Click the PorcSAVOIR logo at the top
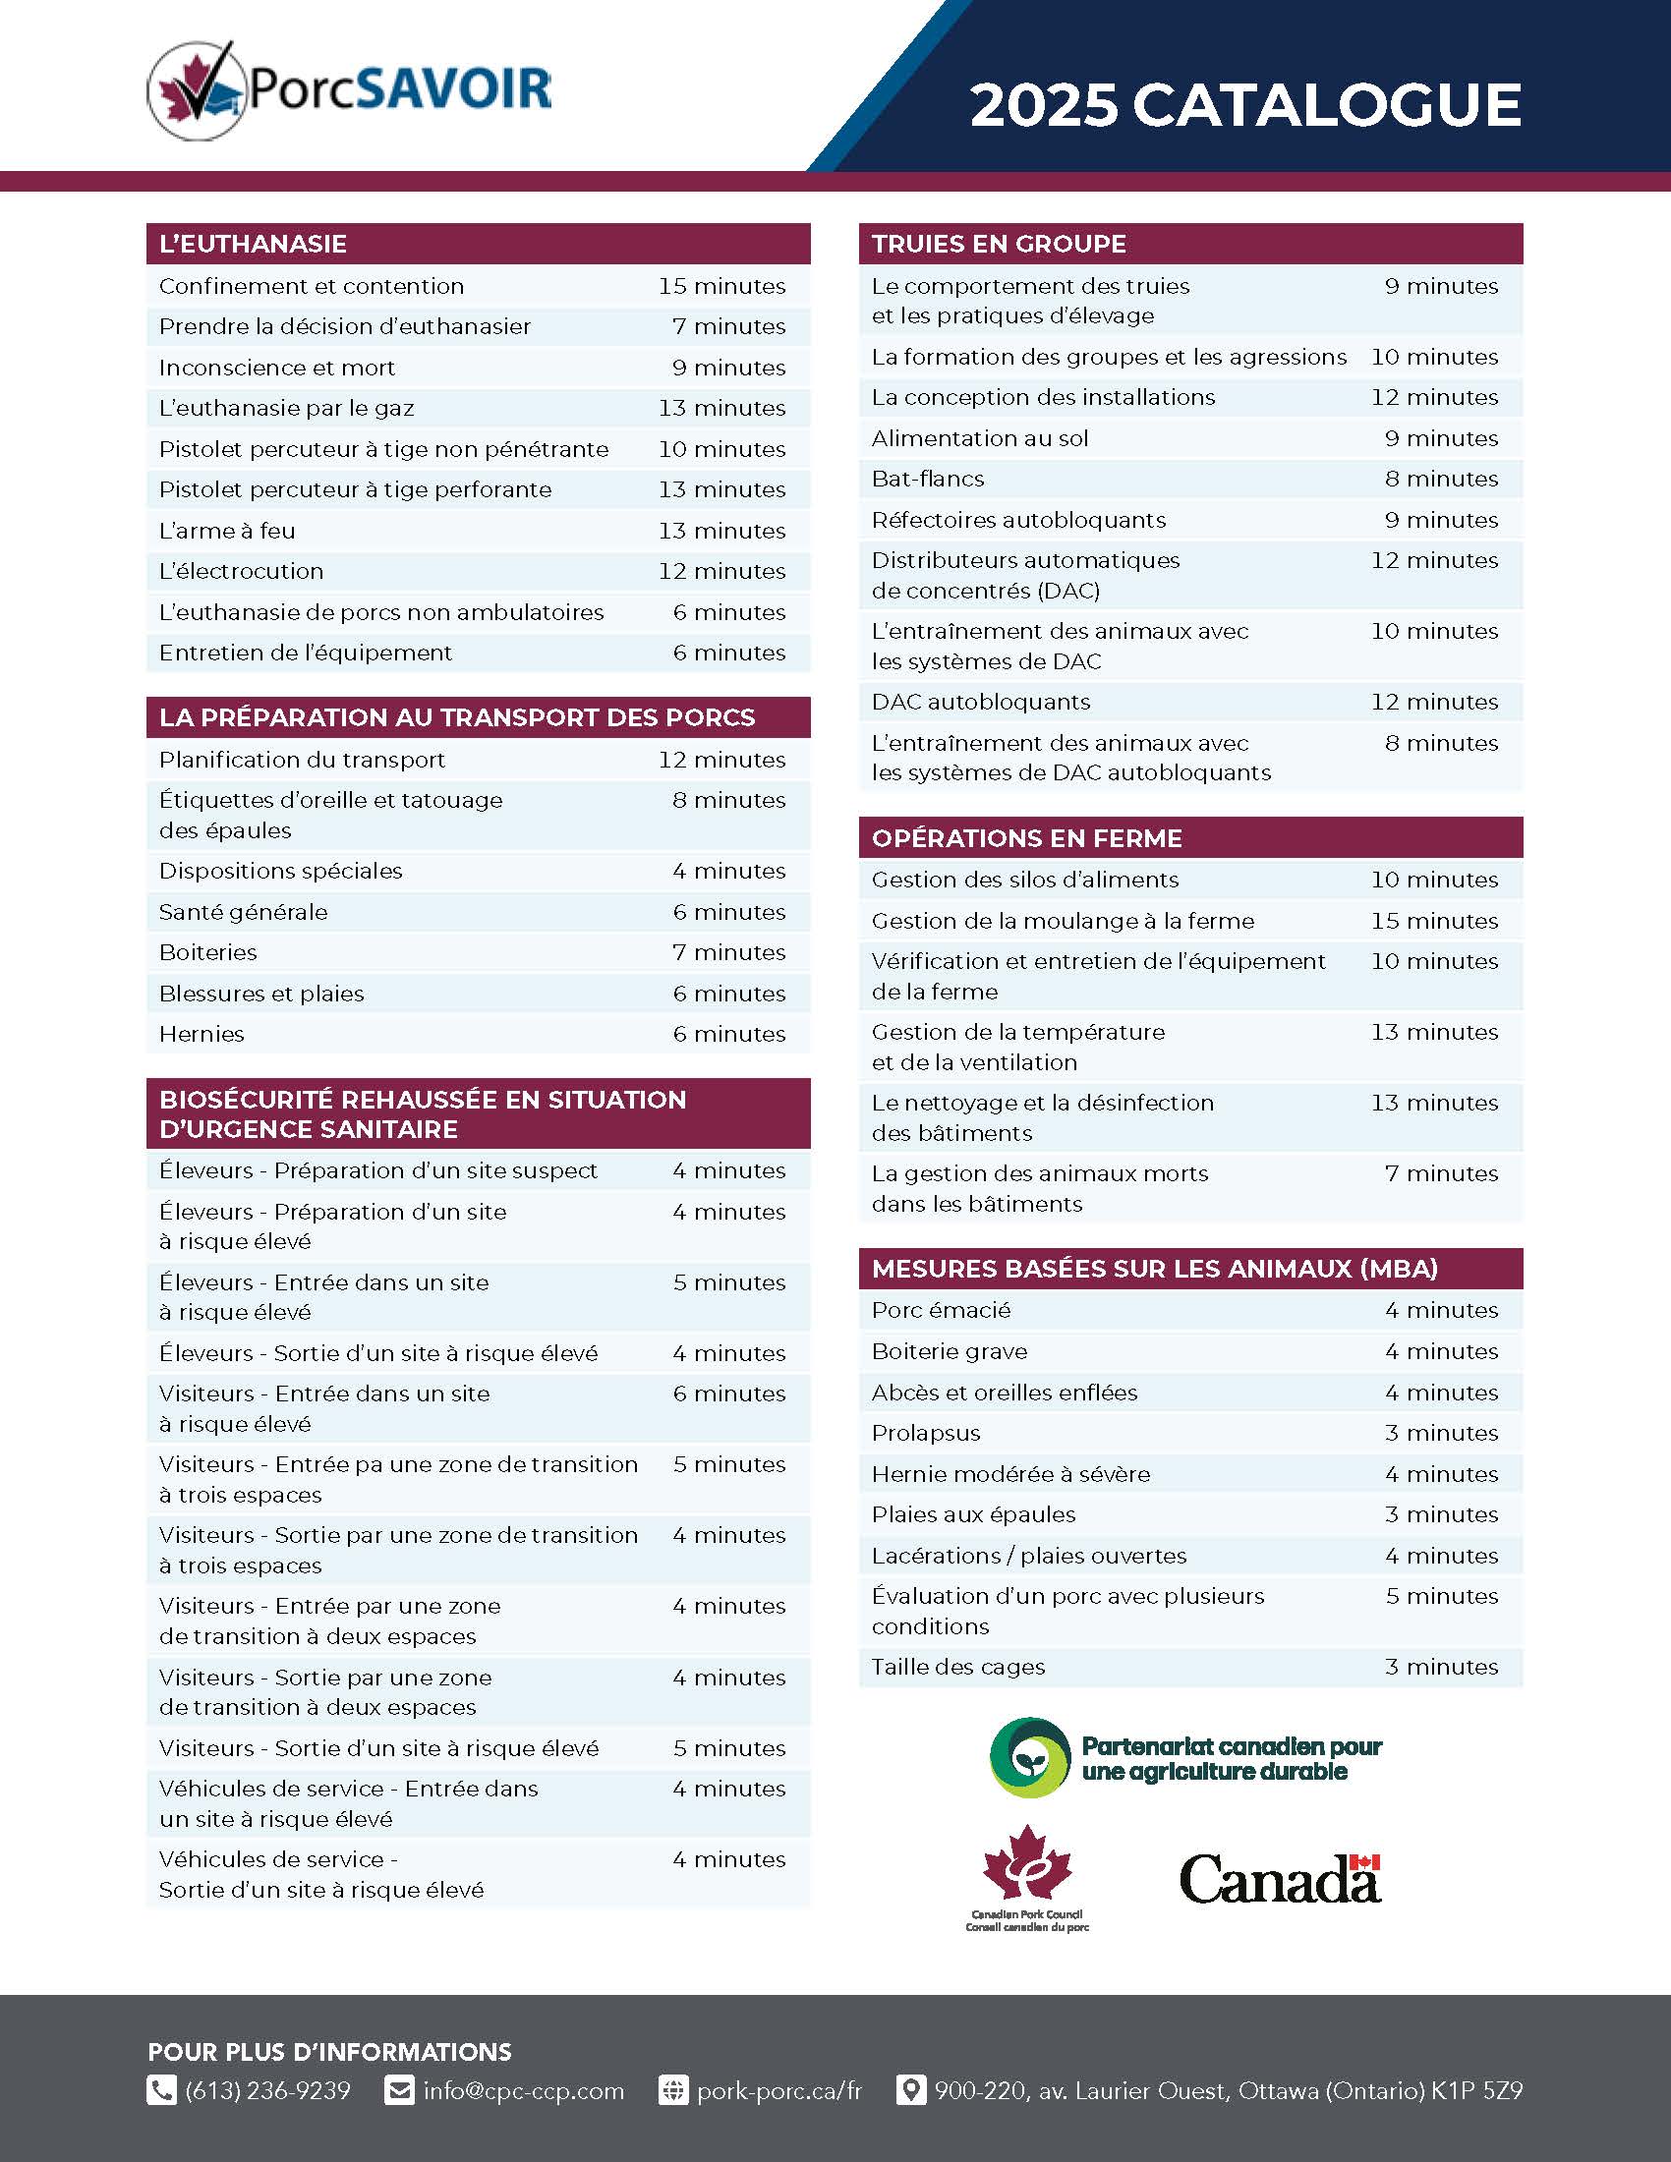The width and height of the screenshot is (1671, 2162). click(x=349, y=89)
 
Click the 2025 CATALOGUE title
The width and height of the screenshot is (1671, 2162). click(x=1244, y=105)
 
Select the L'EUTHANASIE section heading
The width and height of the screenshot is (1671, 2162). click(x=254, y=245)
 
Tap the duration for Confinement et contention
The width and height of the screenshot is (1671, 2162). click(x=721, y=286)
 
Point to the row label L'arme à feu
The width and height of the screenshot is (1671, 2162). click(x=228, y=531)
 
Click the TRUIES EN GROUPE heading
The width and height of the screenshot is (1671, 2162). click(x=999, y=245)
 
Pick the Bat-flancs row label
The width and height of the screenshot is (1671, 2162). click(x=928, y=480)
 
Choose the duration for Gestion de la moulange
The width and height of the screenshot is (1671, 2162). click(x=1434, y=921)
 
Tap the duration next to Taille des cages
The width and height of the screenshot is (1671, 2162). click(x=1441, y=1667)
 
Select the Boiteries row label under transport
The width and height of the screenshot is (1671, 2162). click(x=207, y=952)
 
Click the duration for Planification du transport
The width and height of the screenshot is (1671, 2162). click(x=721, y=760)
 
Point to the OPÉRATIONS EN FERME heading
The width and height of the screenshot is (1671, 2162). click(x=1026, y=838)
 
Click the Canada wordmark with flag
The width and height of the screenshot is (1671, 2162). click(x=1280, y=1879)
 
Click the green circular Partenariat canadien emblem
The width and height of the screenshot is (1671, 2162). click(x=1029, y=1758)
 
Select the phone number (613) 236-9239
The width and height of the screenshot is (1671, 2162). click(x=267, y=2090)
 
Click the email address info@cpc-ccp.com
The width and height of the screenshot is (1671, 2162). click(x=524, y=2090)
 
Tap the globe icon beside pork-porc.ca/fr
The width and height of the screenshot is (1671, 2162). click(x=673, y=2090)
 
